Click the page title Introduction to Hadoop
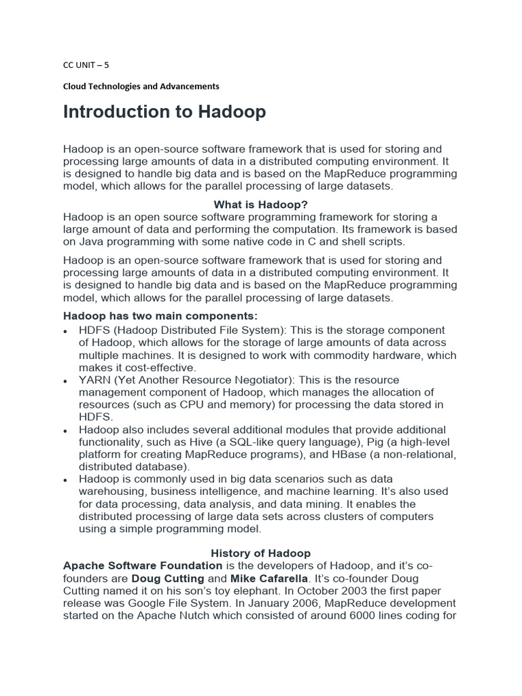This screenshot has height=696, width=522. pos(164,112)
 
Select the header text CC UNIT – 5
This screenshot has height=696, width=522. pos(86,66)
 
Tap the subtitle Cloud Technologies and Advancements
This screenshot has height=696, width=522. pos(141,86)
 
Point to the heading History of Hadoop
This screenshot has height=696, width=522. pos(260,553)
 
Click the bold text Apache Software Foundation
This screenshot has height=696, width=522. pos(143,565)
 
